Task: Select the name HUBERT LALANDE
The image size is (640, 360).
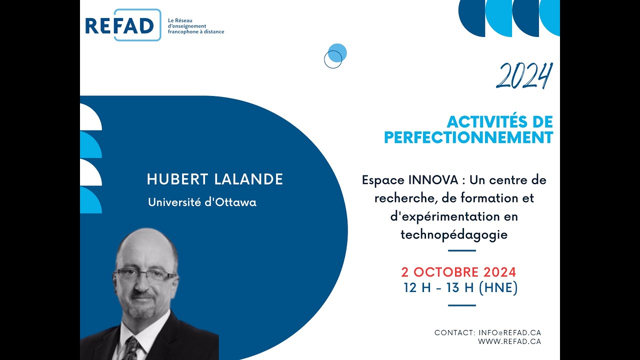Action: click(x=215, y=180)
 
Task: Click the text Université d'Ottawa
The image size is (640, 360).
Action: click(x=202, y=202)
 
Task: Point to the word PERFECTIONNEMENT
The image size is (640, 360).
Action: click(x=468, y=137)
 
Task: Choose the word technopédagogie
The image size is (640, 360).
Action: click(x=454, y=234)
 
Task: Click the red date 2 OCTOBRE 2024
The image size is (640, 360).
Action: click(x=458, y=272)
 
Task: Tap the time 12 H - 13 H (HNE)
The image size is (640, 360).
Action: click(x=460, y=288)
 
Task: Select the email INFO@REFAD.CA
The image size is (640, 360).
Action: click(x=509, y=332)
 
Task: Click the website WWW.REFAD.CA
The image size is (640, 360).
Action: click(x=509, y=341)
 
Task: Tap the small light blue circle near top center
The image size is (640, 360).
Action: click(x=337, y=52)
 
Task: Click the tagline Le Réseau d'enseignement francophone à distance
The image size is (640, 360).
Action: click(x=196, y=25)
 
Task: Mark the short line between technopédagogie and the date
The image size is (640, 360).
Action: click(x=461, y=250)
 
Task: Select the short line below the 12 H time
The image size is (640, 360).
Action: click(x=461, y=305)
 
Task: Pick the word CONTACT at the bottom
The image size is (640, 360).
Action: click(x=454, y=332)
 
